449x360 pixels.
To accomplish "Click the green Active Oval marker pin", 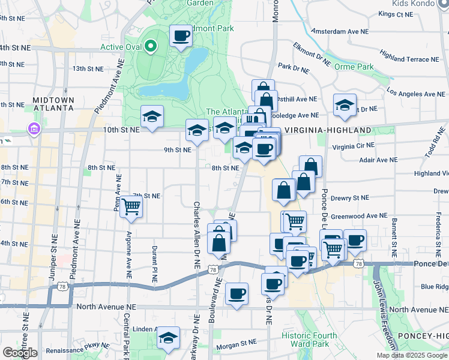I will [151, 46].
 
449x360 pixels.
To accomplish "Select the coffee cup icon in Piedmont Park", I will [181, 36].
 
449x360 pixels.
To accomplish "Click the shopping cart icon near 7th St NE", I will [130, 207].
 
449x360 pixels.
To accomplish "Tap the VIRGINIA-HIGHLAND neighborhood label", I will [328, 130].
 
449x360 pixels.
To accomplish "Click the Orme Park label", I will [354, 66].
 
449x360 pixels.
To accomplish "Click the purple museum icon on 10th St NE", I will [33, 129].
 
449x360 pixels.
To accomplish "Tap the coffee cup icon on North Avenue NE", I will [237, 294].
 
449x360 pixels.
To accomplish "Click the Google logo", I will [20, 353].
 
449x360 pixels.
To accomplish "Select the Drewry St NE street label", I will [350, 197].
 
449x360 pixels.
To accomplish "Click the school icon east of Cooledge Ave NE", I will [345, 105].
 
